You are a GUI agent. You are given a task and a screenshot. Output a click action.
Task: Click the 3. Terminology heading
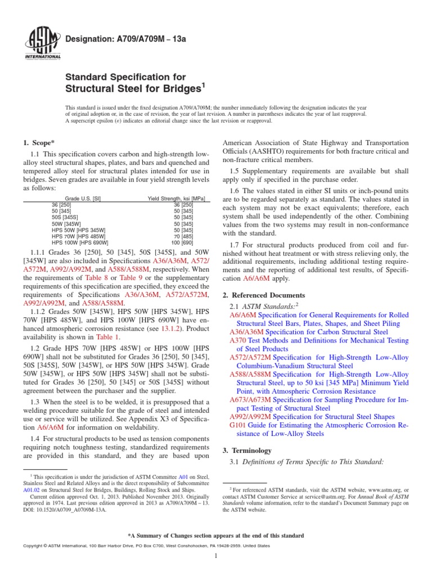(x=247, y=451)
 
